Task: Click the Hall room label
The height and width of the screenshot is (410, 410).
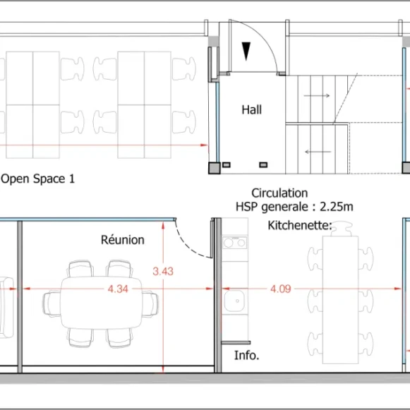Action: [251, 109]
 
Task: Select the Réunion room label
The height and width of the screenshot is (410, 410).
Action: [122, 240]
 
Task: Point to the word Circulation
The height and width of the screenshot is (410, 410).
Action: [279, 193]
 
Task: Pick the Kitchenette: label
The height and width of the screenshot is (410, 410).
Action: [300, 226]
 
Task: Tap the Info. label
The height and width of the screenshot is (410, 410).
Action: [246, 355]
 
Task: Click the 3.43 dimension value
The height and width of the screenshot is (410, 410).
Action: [163, 270]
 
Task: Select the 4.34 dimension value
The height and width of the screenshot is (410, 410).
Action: [117, 289]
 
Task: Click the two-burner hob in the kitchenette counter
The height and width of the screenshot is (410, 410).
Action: [235, 243]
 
